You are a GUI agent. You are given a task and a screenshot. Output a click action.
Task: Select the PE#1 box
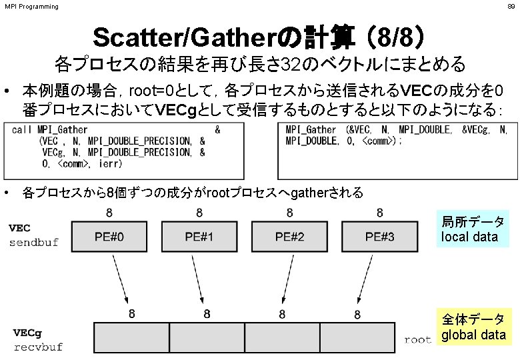pos(199,237)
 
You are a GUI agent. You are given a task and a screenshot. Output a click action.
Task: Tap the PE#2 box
pos(289,237)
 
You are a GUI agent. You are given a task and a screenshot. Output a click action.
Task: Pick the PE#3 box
pos(379,237)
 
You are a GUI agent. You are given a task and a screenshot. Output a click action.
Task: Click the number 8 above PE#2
pos(289,213)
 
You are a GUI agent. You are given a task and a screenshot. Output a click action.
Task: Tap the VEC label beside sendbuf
pos(19,227)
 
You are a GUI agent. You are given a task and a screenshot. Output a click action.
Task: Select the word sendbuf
pos(33,242)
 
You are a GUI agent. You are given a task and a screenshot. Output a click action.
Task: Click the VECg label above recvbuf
pos(27,333)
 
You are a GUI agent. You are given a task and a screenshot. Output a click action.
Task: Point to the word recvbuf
pos(38,347)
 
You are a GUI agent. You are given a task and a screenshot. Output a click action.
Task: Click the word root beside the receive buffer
pos(417,339)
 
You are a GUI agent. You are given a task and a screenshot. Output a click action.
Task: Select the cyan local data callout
pos(473,229)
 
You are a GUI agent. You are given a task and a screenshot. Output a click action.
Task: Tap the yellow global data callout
pos(473,327)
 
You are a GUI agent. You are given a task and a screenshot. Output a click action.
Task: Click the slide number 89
pos(511,7)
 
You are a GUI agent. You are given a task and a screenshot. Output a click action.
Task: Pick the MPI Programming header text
pos(31,7)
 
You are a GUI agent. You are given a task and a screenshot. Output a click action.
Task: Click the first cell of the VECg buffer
pos(131,337)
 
